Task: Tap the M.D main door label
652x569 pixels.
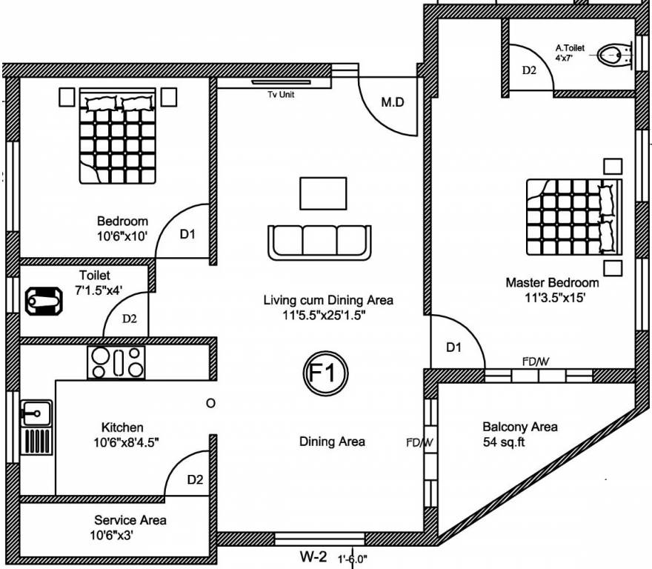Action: pyautogui.click(x=393, y=102)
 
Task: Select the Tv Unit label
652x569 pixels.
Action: pyautogui.click(x=281, y=94)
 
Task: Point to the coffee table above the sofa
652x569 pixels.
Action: pyautogui.click(x=323, y=193)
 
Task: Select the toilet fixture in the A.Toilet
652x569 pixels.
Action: pyautogui.click(x=613, y=54)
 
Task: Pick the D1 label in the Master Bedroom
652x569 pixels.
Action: pyautogui.click(x=454, y=347)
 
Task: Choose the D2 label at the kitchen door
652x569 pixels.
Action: pyautogui.click(x=195, y=479)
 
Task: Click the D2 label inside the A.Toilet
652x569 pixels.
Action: pyautogui.click(x=529, y=70)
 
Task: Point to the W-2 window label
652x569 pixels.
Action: pyautogui.click(x=313, y=556)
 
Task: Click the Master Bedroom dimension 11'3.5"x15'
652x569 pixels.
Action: pyautogui.click(x=552, y=298)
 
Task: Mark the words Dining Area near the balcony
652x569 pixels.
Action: pyautogui.click(x=332, y=442)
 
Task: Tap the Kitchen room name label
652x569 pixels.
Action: pyautogui.click(x=122, y=427)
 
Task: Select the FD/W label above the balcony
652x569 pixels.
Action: pyautogui.click(x=535, y=362)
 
